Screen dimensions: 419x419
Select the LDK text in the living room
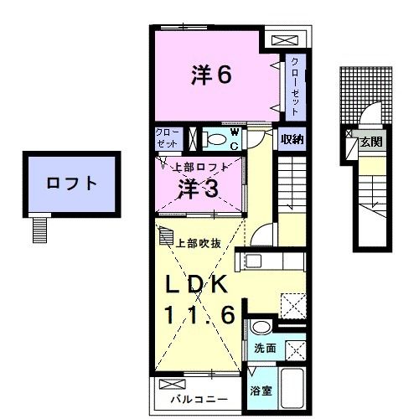coord(195,285)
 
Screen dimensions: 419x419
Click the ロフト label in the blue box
coord(71,183)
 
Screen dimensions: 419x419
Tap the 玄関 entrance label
coord(371,142)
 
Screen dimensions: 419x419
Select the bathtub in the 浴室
coord(291,390)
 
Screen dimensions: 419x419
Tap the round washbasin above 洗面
coord(260,327)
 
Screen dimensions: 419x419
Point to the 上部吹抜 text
coord(199,244)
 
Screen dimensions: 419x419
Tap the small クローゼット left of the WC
coord(164,138)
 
